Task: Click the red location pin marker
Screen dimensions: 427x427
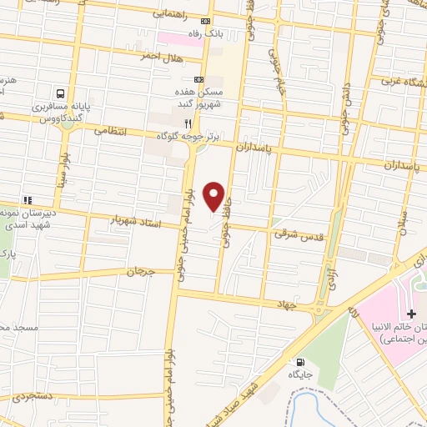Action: (214, 195)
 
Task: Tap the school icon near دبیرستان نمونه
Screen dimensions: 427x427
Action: (28, 201)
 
